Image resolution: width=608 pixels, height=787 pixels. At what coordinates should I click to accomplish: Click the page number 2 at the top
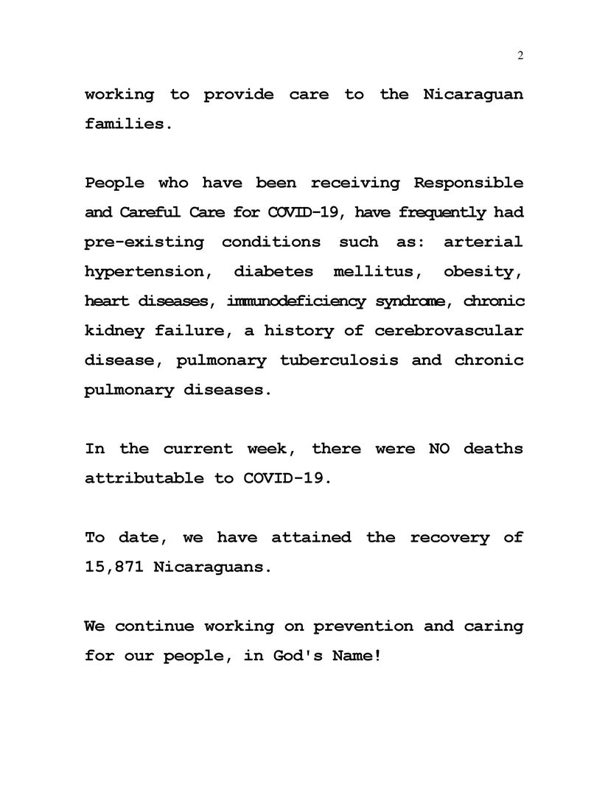[x=520, y=56]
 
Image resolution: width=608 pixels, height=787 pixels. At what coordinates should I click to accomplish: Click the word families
[x=128, y=124]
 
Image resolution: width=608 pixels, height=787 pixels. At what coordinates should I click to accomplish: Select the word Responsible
[x=469, y=183]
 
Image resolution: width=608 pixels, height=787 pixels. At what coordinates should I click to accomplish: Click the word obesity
[x=483, y=271]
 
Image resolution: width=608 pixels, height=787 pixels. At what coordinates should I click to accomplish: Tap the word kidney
[x=113, y=330]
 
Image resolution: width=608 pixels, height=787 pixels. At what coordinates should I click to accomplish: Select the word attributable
[x=144, y=478]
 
